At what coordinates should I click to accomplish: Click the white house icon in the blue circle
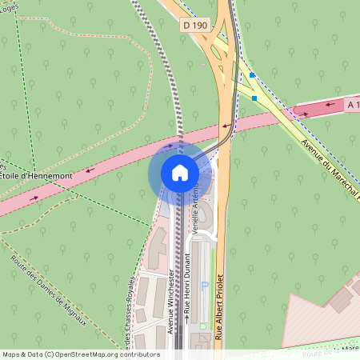tap(180, 173)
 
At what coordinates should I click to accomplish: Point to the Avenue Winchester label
tap(172, 300)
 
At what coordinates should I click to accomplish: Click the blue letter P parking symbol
tap(204, 286)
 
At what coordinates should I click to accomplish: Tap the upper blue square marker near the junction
tap(252, 75)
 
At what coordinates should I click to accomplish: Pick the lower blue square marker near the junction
tap(255, 98)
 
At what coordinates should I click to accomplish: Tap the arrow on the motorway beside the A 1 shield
tap(306, 114)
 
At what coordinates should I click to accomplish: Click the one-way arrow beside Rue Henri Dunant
tap(187, 318)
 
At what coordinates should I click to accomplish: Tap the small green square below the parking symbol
tap(203, 326)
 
